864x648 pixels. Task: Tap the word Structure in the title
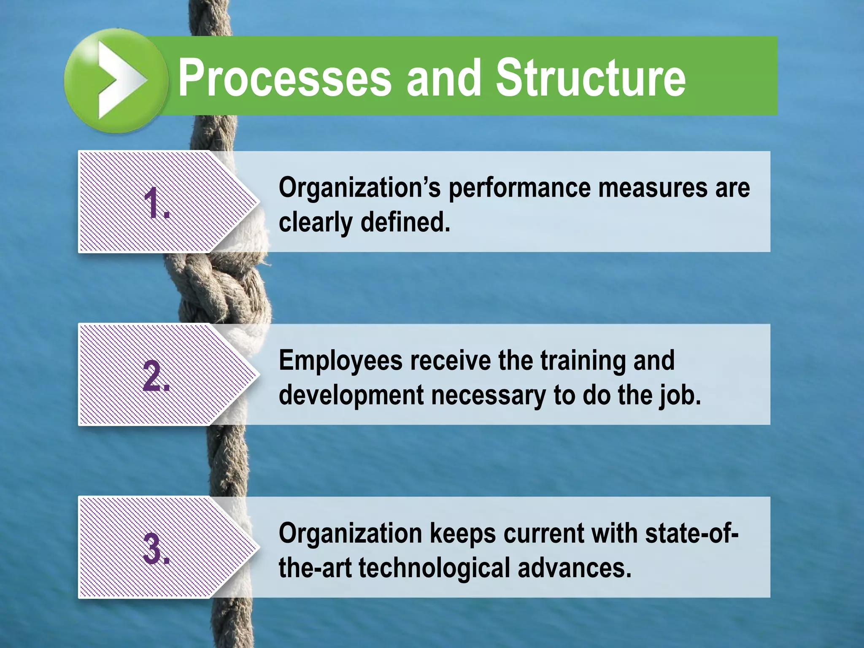pos(591,78)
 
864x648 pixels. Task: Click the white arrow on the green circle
pos(118,80)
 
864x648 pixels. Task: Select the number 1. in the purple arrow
pos(157,203)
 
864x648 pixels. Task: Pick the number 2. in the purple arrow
pos(157,376)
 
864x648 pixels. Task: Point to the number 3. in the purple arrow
pos(157,549)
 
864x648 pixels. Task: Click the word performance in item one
pos(519,189)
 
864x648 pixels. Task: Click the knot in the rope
pos(219,291)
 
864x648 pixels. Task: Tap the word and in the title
pos(443,78)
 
